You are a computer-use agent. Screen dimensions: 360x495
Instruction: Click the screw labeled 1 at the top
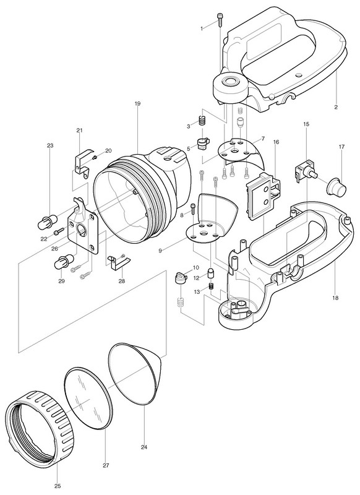220,19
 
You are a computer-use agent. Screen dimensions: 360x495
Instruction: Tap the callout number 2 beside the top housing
336,107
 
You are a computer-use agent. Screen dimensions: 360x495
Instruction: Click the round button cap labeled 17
336,187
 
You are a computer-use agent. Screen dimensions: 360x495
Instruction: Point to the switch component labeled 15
305,172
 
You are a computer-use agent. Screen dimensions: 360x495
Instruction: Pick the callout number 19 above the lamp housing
137,103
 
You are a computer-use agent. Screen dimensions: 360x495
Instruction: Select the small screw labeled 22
59,232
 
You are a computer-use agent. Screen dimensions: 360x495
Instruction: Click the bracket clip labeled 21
83,163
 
